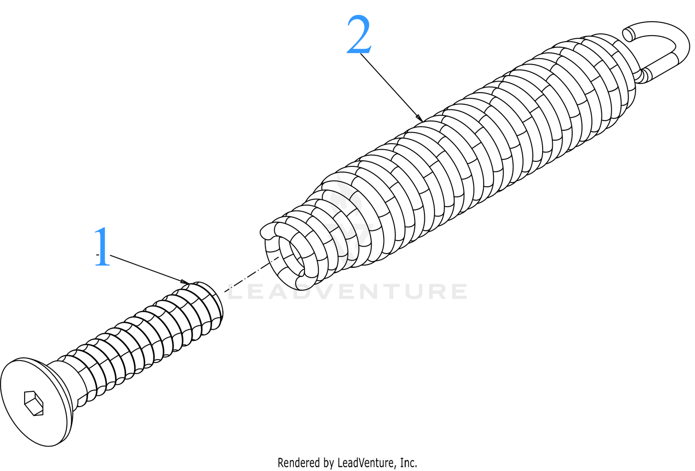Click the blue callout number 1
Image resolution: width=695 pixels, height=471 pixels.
click(x=102, y=247)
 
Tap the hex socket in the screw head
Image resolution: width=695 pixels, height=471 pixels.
click(x=33, y=403)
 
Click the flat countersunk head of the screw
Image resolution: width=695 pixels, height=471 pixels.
click(x=36, y=402)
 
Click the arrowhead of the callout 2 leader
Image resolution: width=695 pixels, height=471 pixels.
click(x=419, y=118)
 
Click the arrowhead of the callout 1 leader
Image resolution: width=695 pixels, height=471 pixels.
click(x=185, y=281)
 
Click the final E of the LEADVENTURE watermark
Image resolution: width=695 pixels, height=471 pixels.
click(x=458, y=292)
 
